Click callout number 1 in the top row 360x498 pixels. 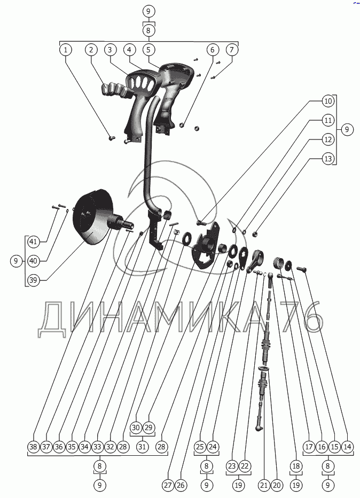pyautogui.click(x=65, y=50)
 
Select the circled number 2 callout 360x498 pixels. pyautogui.click(x=91, y=50)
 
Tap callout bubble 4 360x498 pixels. pyautogui.click(x=129, y=50)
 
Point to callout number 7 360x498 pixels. pyautogui.click(x=231, y=50)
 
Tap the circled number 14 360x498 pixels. pyautogui.click(x=347, y=446)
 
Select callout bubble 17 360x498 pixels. pyautogui.click(x=308, y=446)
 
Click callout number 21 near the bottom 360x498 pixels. pyautogui.click(x=263, y=485)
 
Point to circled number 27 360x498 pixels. pyautogui.click(x=167, y=485)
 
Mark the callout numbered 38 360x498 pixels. pyautogui.click(x=33, y=446)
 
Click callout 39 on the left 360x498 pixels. pyautogui.click(x=33, y=280)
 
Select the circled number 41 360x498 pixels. pyautogui.click(x=33, y=242)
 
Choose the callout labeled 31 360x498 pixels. pyautogui.click(x=142, y=446)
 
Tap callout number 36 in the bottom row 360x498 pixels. pyautogui.click(x=59, y=446)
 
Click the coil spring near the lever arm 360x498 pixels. pyautogui.click(x=278, y=263)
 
